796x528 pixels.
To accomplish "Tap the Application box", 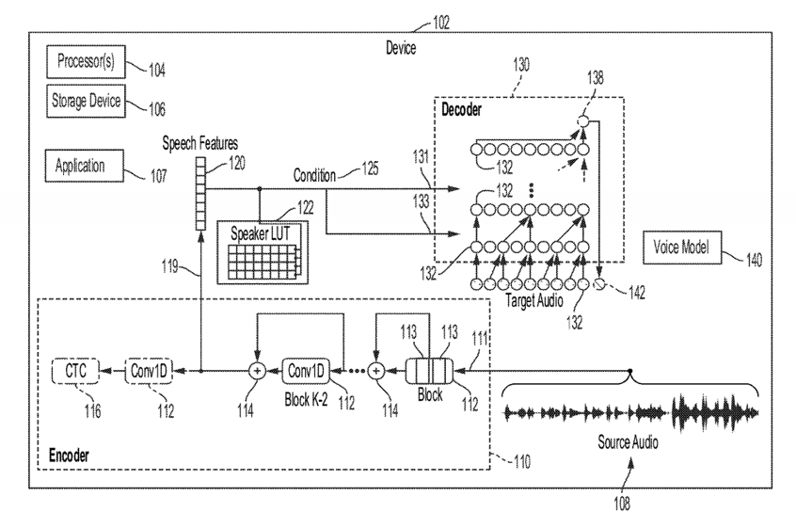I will tap(81, 167).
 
